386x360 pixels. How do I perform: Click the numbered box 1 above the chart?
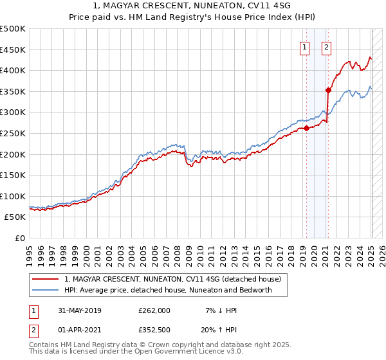(303, 46)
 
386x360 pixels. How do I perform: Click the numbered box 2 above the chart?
(326, 46)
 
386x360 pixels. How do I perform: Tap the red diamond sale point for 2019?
(306, 127)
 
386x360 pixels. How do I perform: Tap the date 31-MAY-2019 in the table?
(80, 310)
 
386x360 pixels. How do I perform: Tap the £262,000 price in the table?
(154, 310)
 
